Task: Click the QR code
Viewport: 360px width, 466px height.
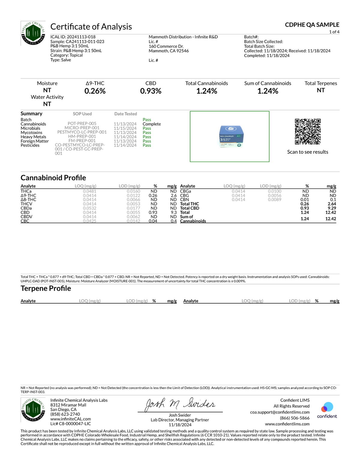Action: click(307, 132)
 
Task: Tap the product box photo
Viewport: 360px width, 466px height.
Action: click(231, 137)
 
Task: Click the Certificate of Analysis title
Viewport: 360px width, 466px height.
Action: click(91, 27)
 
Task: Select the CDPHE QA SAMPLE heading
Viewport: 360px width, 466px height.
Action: click(312, 25)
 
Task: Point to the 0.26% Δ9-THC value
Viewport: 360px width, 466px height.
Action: click(95, 91)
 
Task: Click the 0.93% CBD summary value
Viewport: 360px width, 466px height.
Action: click(151, 91)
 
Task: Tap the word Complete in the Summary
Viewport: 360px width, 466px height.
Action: click(151, 124)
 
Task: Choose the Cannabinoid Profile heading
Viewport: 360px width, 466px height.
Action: click(53, 178)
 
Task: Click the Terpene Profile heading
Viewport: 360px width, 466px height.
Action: click(46, 288)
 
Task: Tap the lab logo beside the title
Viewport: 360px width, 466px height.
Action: click(33, 33)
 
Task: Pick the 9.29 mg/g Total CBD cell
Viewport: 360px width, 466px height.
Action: click(332, 208)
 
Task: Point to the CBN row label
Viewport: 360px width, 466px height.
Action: click(184, 200)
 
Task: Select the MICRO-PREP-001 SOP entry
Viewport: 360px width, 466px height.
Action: click(82, 128)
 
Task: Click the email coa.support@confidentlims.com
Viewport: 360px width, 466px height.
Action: click(280, 412)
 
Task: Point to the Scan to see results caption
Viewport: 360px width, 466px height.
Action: click(307, 152)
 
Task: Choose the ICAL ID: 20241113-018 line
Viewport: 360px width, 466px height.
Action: click(73, 37)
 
